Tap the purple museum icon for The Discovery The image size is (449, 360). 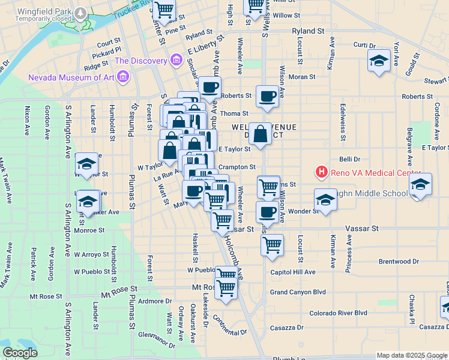176,60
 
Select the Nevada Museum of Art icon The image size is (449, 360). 123,77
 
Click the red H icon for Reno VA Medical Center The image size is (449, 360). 322,173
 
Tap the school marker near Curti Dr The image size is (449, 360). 379,60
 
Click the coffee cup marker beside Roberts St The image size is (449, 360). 267,95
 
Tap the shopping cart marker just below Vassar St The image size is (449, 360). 273,244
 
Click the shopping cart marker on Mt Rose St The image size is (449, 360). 226,289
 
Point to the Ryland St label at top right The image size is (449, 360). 308,29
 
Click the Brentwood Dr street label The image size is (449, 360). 399,262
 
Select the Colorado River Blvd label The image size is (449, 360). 338,313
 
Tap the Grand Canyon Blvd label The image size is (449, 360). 298,292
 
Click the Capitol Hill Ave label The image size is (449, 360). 292,272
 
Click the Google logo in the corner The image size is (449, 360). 20,352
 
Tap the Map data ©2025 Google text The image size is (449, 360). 411,355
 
